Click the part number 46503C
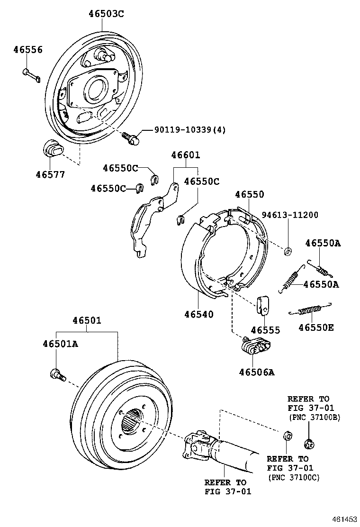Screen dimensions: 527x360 [x=106, y=14]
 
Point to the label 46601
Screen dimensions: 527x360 [x=185, y=155]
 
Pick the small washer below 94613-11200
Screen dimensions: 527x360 [x=288, y=250]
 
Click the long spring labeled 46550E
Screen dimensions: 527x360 [x=310, y=310]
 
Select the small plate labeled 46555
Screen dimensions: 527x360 [x=263, y=306]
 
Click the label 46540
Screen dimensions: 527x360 [x=198, y=314]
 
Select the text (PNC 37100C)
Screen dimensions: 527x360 [x=294, y=477]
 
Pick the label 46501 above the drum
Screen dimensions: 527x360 [x=87, y=321]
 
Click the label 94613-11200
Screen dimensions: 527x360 [x=291, y=215]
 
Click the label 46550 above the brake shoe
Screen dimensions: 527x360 [x=249, y=194]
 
